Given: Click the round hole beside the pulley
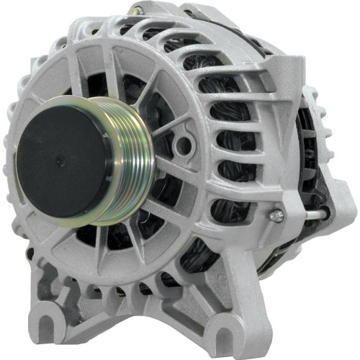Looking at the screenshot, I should coord(184,145).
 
